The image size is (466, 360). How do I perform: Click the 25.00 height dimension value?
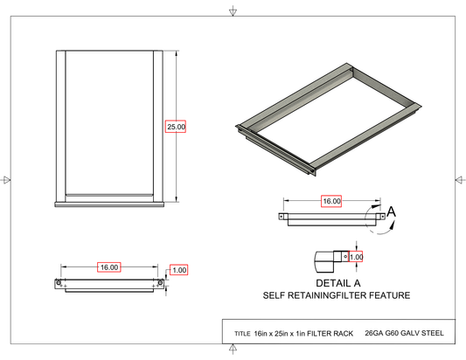(x=176, y=127)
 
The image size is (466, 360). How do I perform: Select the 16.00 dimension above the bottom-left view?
(x=109, y=267)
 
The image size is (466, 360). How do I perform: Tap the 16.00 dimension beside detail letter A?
(x=331, y=201)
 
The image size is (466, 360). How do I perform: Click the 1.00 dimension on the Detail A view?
(x=356, y=257)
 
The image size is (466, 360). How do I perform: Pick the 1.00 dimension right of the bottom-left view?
(x=179, y=270)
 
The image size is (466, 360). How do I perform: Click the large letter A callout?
(x=392, y=211)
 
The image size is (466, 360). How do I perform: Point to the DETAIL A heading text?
(x=337, y=283)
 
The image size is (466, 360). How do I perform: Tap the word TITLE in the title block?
(x=242, y=334)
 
